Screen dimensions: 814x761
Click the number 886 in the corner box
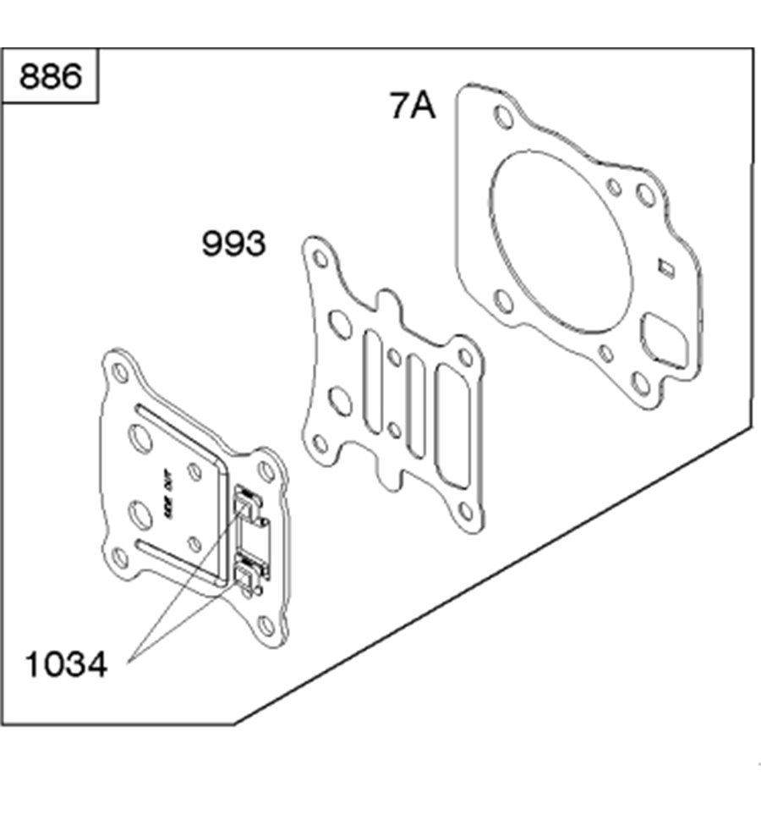tap(51, 77)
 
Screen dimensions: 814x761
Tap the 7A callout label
tap(413, 107)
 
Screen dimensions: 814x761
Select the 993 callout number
tap(233, 245)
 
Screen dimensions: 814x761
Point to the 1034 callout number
tap(65, 665)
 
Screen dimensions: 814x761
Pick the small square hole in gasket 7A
tap(666, 269)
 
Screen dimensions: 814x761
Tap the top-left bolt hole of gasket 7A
tap(501, 117)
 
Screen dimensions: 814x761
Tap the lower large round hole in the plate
tap(137, 513)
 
